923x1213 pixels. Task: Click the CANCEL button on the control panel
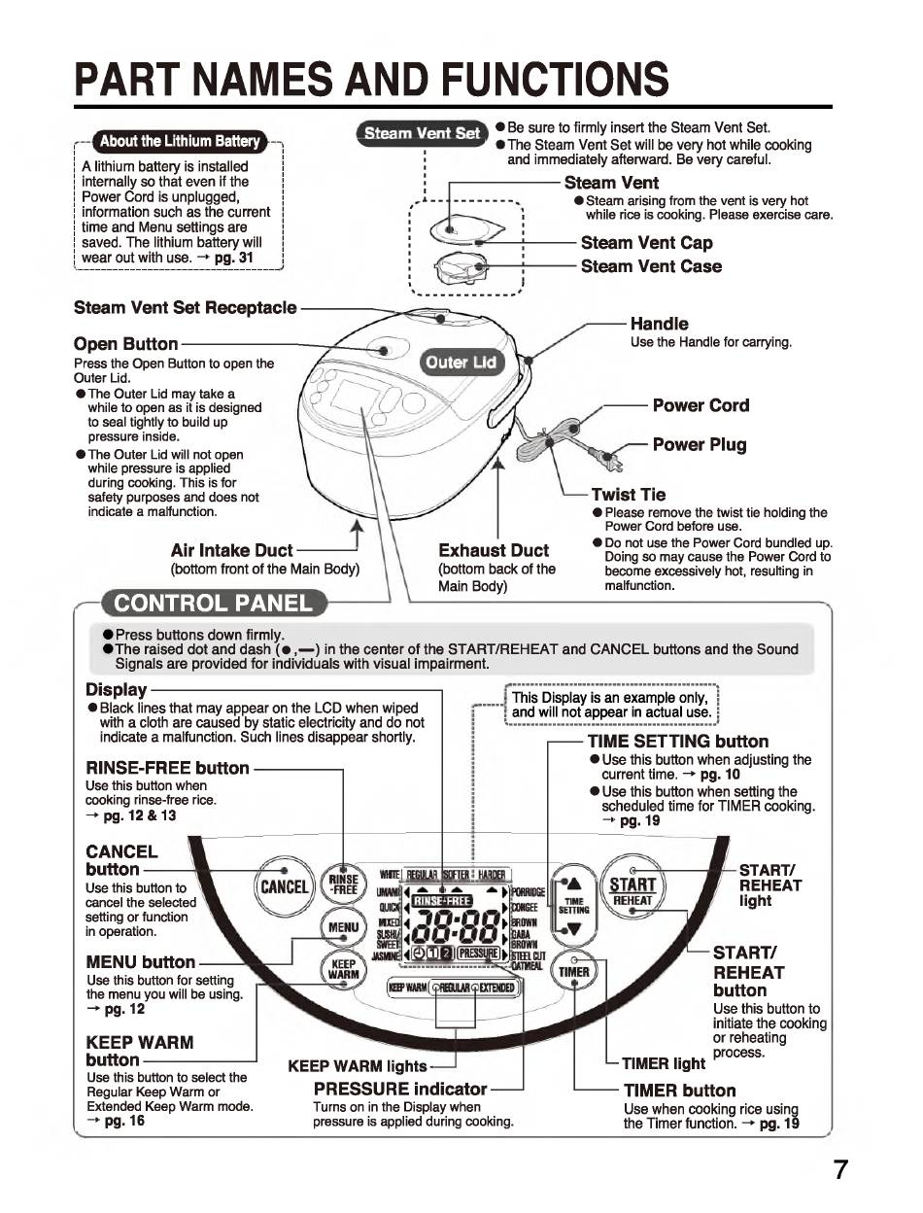pos(283,886)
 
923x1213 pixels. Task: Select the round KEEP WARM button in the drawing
pos(343,971)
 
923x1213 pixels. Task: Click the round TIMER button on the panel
pos(574,971)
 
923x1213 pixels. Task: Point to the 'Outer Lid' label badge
pos(461,363)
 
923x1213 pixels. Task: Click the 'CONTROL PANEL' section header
pos(214,603)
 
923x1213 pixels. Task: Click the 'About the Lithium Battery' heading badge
pos(181,141)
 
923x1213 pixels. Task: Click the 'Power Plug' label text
pos(700,445)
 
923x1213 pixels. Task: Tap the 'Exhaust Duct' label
pos(494,550)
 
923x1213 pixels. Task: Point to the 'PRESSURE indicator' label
pos(400,1089)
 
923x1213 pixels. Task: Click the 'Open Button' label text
pos(126,344)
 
